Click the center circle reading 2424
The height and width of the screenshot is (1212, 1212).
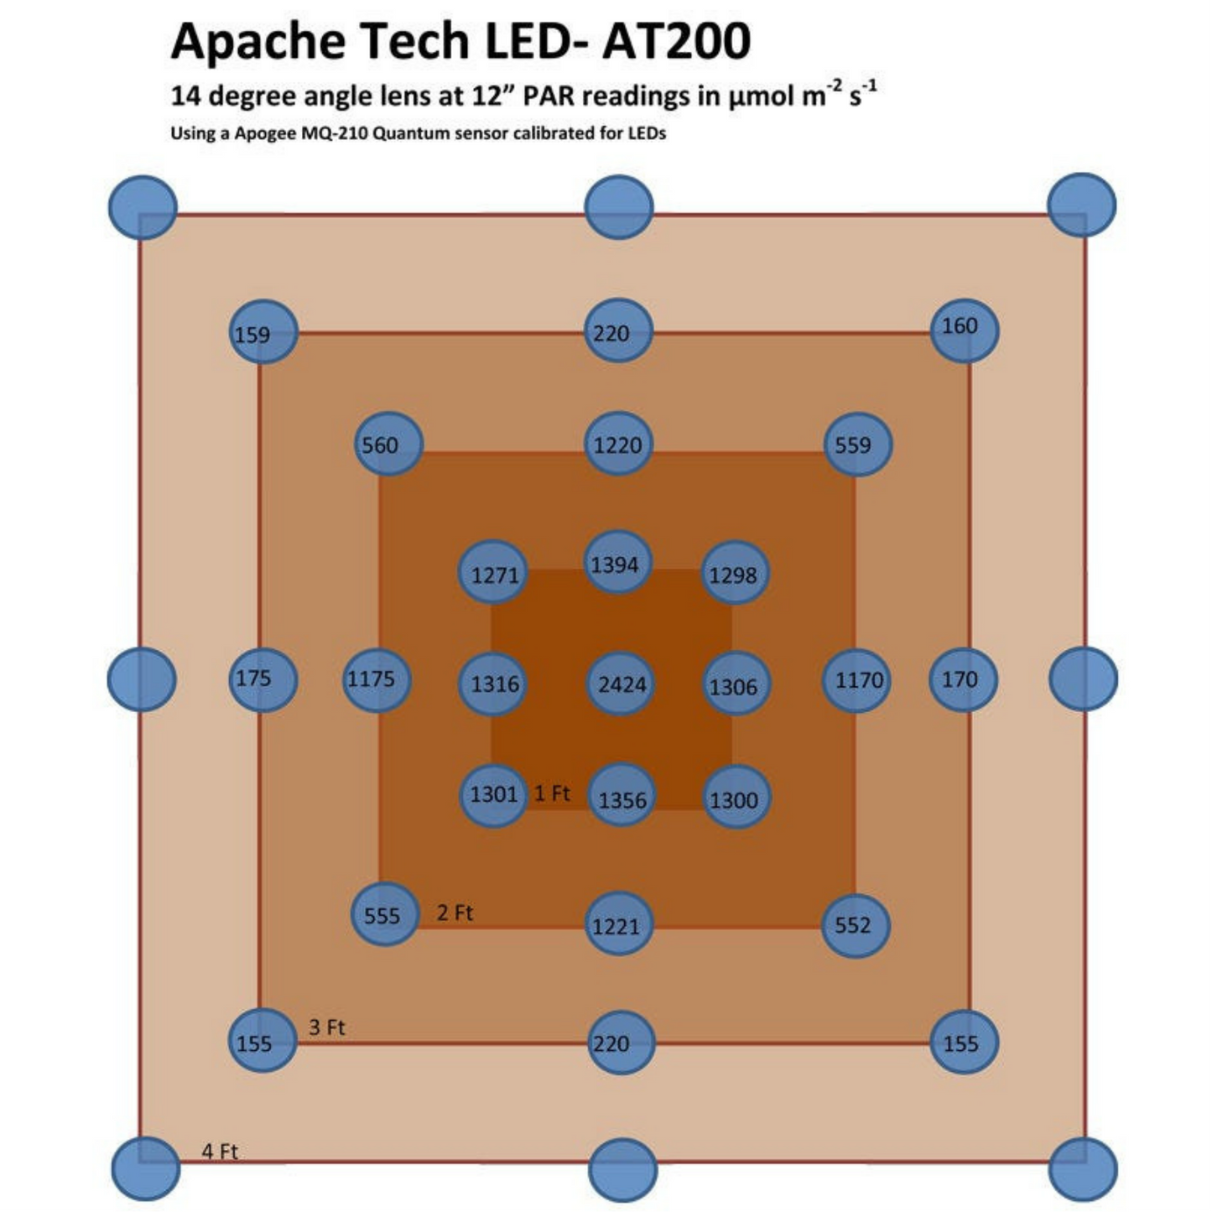tap(621, 684)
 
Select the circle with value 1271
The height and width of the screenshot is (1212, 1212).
tap(493, 573)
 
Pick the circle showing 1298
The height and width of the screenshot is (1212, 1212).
tap(734, 573)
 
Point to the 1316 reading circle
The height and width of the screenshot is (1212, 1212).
tap(493, 684)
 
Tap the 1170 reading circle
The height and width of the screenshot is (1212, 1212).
tap(857, 679)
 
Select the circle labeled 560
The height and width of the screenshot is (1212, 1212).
tap(388, 444)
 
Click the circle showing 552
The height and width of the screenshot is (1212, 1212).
tap(855, 925)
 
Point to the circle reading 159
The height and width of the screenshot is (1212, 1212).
tap(263, 332)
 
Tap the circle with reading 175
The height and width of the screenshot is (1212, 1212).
tap(263, 679)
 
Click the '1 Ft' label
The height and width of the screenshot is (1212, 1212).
tap(552, 793)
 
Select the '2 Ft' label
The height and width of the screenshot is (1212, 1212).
tap(455, 913)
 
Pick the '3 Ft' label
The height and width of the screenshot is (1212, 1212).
tap(327, 1027)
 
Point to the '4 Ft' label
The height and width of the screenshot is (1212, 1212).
tap(220, 1151)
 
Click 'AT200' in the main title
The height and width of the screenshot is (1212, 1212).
tap(676, 40)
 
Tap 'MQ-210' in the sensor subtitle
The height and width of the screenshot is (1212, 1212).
tap(335, 133)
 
